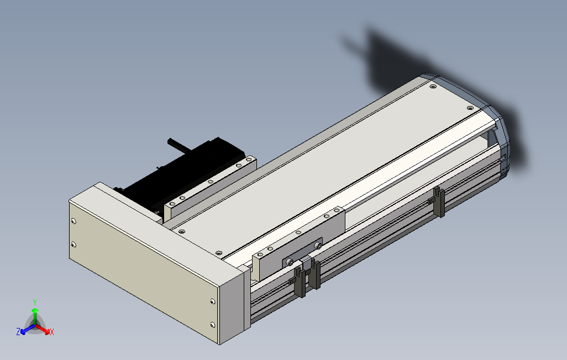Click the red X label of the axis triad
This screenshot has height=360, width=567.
[51, 332]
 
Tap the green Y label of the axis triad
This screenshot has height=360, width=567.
[35, 302]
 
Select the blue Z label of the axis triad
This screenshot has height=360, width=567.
[18, 331]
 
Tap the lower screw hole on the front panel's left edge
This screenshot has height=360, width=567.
[73, 244]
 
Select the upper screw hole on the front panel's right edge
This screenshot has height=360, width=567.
[213, 301]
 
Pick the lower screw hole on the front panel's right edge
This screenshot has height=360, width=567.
[213, 324]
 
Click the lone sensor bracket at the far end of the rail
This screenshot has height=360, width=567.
[439, 202]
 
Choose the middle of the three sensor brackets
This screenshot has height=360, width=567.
[314, 273]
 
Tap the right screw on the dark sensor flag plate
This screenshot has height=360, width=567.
[318, 245]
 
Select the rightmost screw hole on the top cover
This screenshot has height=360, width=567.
[470, 108]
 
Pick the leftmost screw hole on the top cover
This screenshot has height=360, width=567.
[182, 231]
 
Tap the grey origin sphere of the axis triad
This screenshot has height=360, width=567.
[35, 324]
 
